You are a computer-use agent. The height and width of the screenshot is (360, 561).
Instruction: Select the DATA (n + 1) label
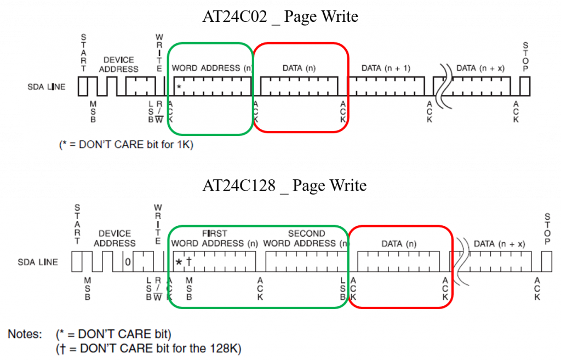coord(386,68)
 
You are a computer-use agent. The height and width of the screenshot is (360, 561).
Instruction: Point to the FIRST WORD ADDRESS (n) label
coord(214,238)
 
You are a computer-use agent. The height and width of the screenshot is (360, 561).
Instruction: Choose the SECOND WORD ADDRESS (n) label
coord(306,238)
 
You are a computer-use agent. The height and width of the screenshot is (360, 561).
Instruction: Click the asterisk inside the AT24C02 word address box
coord(179,87)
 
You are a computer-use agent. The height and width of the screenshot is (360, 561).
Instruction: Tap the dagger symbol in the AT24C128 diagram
coord(189,262)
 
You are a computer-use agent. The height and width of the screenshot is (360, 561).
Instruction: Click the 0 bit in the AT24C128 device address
coord(128,262)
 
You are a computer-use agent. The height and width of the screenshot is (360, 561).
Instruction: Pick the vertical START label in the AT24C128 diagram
coord(77,224)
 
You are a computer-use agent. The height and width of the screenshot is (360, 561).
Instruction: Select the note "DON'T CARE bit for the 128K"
coord(148,348)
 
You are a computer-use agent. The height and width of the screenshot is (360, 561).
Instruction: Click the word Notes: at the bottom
coord(25,333)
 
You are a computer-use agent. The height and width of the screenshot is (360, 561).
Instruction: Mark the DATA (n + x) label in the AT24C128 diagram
coord(499,243)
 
